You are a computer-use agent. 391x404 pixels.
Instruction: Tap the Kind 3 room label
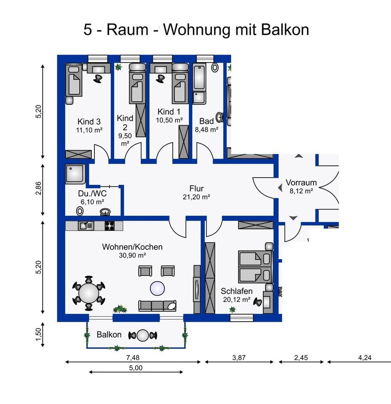coord(88,122)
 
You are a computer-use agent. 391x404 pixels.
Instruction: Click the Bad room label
coord(206,122)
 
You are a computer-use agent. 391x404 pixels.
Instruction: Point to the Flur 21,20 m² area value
coord(197,197)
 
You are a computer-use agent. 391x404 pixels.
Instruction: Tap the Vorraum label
coord(301,183)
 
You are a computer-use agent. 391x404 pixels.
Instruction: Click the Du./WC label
coord(92,194)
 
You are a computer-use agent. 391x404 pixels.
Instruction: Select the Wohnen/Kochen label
coord(132,247)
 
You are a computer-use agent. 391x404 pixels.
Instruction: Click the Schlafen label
coord(237,291)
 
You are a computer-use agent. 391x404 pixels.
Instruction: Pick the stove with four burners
coord(110,226)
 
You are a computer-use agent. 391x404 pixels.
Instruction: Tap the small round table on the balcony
coord(143,335)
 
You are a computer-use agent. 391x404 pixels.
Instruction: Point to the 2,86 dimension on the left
coord(39,189)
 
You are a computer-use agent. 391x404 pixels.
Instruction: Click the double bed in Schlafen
coord(253,267)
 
